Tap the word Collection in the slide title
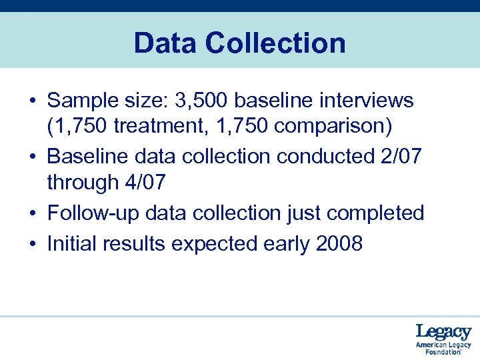coord(276,44)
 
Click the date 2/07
coord(399,157)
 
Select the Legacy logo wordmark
coord(443,332)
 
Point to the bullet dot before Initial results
coord(32,245)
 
